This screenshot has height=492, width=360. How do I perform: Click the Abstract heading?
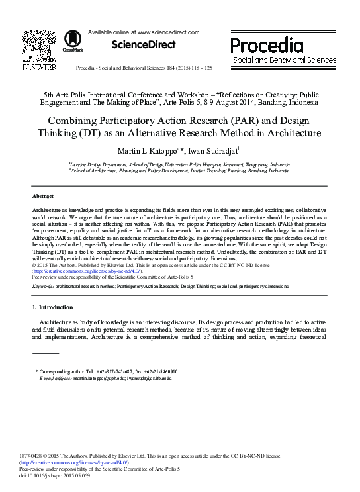pyautogui.click(x=43, y=197)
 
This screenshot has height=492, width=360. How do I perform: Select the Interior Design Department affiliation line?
pyautogui.click(x=179, y=164)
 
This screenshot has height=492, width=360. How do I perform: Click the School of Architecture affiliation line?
pyautogui.click(x=179, y=170)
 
